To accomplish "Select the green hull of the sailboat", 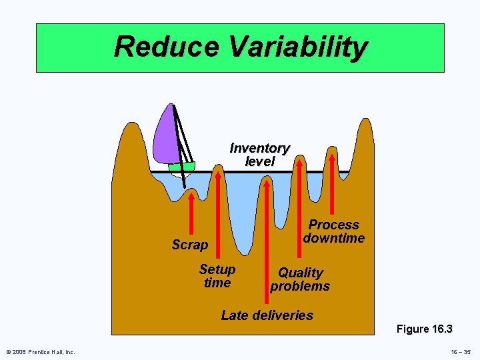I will tap(181, 167).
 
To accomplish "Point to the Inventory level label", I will tap(259, 154).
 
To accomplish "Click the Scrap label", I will tap(189, 245).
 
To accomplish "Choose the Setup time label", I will tap(217, 276).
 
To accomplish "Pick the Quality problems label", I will tap(300, 279).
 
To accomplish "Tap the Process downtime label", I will tap(333, 231).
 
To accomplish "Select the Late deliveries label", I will tap(267, 315).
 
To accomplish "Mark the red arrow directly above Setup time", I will tap(219, 213).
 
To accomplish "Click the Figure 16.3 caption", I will tap(424, 329).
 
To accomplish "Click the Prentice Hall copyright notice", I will tap(40, 351).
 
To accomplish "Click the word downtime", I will tap(333, 238).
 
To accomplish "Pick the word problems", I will tap(300, 287).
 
